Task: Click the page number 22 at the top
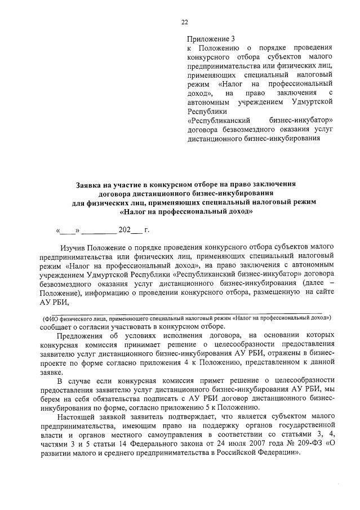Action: point(184,23)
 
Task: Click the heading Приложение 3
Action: point(210,39)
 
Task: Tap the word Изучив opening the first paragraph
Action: point(73,247)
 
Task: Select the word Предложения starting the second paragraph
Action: point(81,338)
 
